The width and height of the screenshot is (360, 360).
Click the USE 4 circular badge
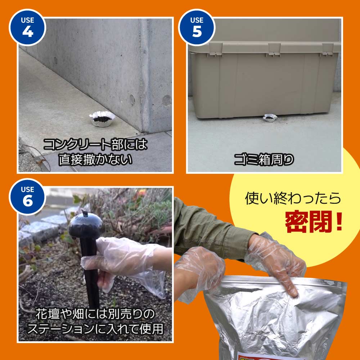click(27, 27)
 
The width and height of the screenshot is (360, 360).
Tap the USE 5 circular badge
click(197, 27)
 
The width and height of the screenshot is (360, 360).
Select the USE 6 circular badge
click(27, 197)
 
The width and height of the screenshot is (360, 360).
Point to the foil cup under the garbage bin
click(269, 118)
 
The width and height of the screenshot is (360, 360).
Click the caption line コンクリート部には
click(95, 144)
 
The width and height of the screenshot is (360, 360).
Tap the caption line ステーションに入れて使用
click(95, 329)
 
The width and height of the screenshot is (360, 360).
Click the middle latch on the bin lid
click(274, 49)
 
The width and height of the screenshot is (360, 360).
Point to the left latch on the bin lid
click(215, 49)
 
